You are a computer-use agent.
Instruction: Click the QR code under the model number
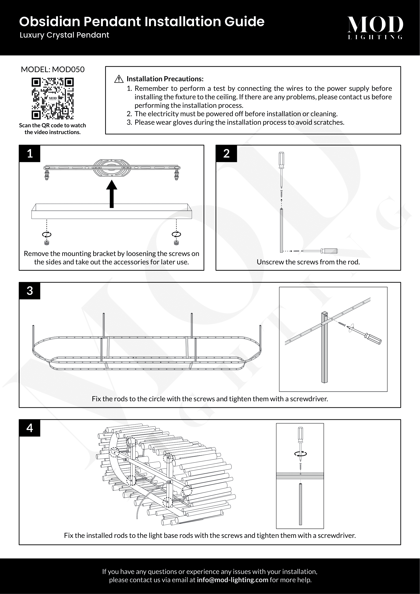click(x=53, y=99)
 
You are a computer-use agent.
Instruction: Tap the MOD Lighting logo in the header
click(x=375, y=27)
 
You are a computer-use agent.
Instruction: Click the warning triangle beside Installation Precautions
click(x=119, y=79)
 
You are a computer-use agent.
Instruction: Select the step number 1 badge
click(x=30, y=154)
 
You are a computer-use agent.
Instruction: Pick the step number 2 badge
click(x=226, y=154)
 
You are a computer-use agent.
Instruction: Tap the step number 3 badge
click(x=30, y=291)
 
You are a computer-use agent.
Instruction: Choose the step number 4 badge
click(x=30, y=428)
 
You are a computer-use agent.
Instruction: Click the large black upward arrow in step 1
click(x=112, y=194)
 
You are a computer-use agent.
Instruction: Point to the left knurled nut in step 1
click(x=47, y=243)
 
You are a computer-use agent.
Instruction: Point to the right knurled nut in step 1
click(x=176, y=243)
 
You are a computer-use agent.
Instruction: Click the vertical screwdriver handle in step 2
click(x=281, y=160)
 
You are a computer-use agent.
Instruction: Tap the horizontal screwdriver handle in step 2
click(x=329, y=251)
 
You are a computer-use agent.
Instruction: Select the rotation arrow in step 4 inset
click(x=300, y=454)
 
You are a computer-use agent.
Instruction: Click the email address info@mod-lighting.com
click(x=232, y=580)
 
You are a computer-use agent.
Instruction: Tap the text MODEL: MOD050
click(x=53, y=69)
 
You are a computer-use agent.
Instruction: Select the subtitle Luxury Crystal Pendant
click(x=64, y=35)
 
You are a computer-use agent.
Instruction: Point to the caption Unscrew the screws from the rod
click(x=308, y=262)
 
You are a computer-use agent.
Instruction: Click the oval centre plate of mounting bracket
click(x=111, y=168)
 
